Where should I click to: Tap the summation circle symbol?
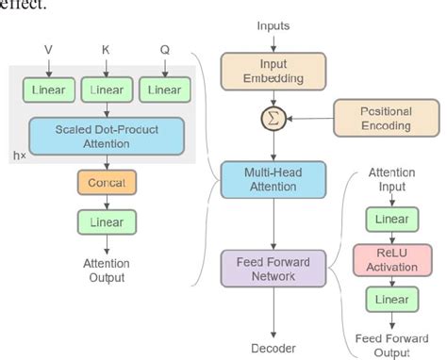[x=273, y=119]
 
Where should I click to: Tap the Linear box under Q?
[x=161, y=90]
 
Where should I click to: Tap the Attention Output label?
[x=105, y=270]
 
